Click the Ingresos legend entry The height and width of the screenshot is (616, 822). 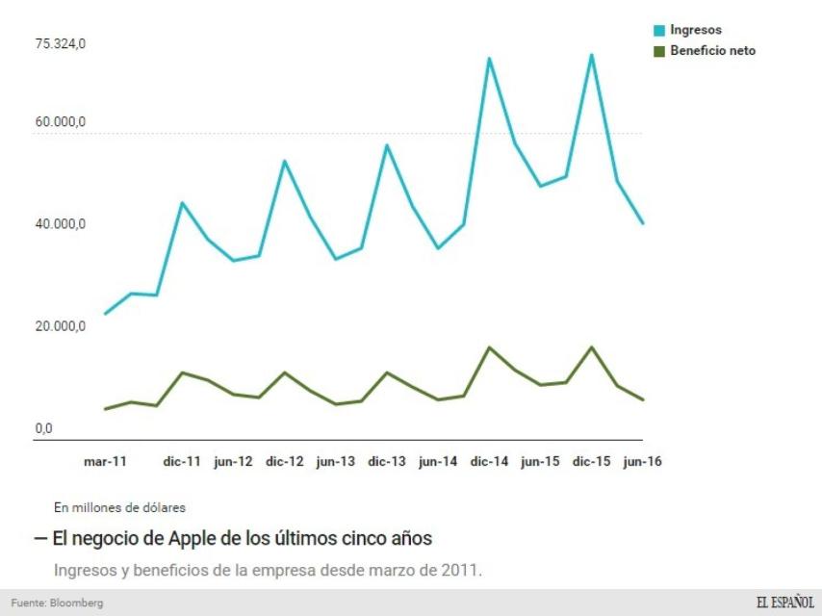click(x=695, y=31)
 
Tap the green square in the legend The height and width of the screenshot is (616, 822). click(x=659, y=51)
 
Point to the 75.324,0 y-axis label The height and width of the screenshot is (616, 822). click(x=61, y=44)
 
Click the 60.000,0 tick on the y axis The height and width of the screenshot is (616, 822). click(x=61, y=122)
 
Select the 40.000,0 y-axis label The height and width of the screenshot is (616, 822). click(x=61, y=224)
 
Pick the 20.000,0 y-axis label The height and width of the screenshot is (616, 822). click(x=61, y=326)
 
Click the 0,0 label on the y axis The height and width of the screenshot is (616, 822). click(x=44, y=428)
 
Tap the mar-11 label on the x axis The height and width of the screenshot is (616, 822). click(x=105, y=462)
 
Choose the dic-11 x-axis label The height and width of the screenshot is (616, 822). click(x=182, y=462)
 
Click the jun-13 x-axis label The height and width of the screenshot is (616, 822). click(x=335, y=462)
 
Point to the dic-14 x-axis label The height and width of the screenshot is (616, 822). click(x=489, y=462)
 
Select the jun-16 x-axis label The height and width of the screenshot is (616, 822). click(x=642, y=462)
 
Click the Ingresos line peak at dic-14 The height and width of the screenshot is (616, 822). click(x=489, y=59)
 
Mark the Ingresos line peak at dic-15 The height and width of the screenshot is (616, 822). click(x=591, y=55)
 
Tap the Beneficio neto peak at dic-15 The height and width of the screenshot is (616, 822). click(x=591, y=346)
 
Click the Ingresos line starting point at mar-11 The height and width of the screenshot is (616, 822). click(x=105, y=314)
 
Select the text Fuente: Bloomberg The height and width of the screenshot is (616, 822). click(x=57, y=603)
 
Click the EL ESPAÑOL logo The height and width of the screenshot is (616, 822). click(x=784, y=603)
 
